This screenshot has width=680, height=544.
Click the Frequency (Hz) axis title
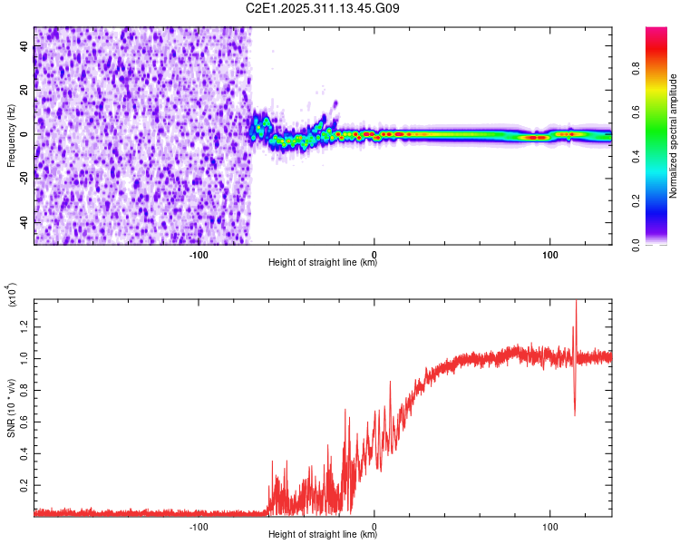tap(11, 135)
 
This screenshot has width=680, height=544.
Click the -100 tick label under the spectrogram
tap(199, 255)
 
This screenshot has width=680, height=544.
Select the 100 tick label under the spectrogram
tap(549, 255)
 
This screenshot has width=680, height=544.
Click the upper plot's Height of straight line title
tap(323, 263)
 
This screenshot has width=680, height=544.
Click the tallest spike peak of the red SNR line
tap(575, 302)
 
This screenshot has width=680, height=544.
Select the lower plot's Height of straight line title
tap(323, 534)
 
